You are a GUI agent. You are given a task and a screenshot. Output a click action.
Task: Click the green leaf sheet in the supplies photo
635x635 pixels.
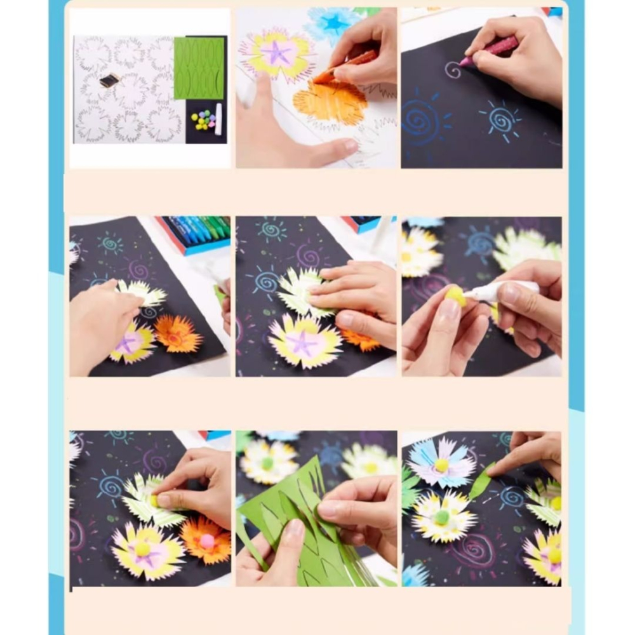199,68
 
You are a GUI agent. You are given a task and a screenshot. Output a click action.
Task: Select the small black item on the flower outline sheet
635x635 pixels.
109,80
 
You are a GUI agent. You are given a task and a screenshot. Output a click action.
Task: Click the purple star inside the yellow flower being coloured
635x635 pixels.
276,53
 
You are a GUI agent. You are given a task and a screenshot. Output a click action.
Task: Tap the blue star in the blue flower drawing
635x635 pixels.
332,23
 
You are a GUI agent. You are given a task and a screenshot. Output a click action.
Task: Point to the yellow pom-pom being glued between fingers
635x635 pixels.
455,296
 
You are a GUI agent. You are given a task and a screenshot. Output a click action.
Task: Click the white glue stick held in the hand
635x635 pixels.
502,291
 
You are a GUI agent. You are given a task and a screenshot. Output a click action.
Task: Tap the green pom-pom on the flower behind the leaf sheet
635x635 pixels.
267,463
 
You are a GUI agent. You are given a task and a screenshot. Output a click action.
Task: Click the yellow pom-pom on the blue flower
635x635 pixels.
441,465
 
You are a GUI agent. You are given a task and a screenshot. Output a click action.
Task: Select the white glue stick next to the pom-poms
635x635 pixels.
218,119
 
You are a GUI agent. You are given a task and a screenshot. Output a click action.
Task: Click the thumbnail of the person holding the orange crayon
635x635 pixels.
316,88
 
